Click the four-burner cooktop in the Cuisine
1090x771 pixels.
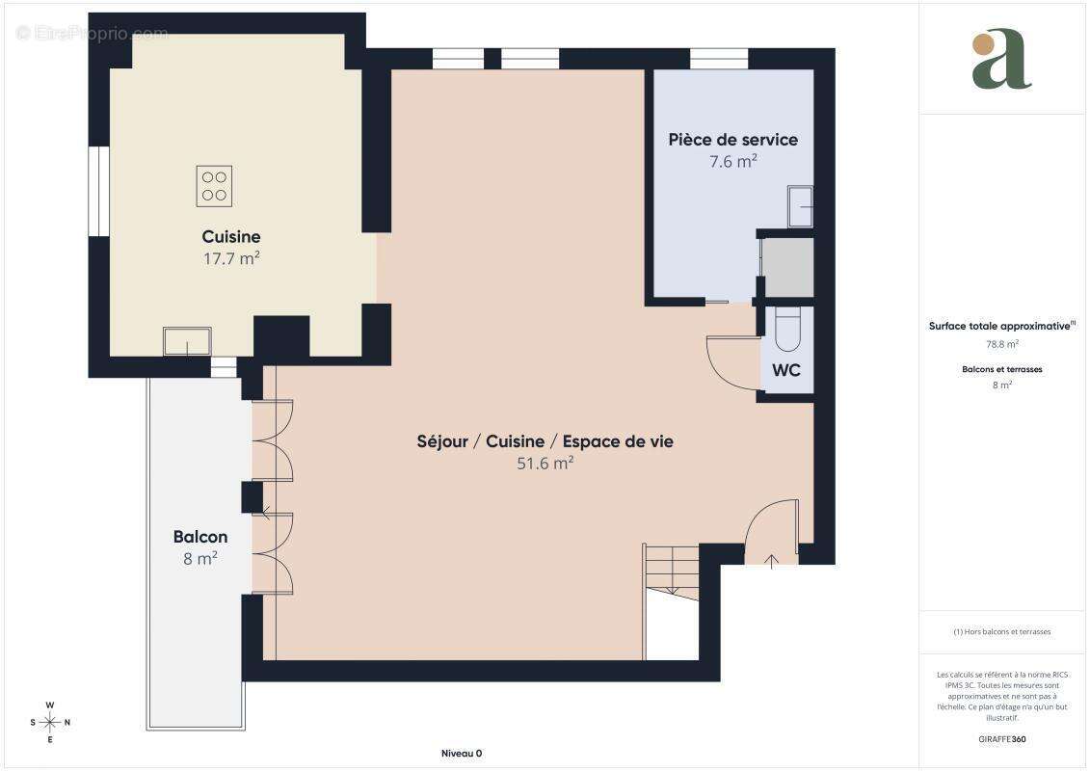214,186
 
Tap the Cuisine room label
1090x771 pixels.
230,237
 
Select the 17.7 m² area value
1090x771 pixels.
230,258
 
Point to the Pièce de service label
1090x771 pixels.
732,140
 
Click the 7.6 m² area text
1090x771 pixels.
732,162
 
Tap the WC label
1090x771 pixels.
785,370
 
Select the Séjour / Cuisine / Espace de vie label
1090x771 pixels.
545,441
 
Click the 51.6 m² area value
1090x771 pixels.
545,463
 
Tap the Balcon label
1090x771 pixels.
200,537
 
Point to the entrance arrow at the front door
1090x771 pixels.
771,560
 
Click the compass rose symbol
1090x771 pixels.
50,722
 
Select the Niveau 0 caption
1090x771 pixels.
461,754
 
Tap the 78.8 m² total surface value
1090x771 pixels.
1001,343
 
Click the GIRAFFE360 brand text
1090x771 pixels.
1001,739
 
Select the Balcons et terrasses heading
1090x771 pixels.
1001,369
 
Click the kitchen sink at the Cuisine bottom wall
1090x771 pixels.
187,341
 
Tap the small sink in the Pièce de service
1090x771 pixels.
800,206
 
